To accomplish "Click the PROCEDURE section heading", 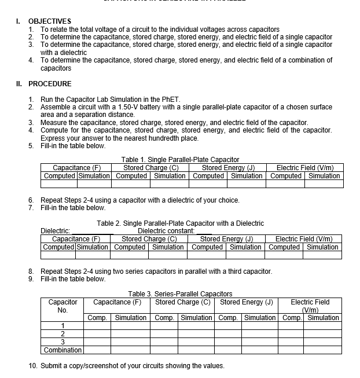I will (x=50, y=83).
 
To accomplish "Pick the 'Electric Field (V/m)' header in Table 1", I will (x=305, y=168).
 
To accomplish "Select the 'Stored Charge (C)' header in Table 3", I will (x=182, y=302).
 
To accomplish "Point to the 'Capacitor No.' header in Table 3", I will (x=63, y=306).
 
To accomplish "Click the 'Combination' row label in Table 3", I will (x=63, y=350).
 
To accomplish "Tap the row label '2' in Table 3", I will (x=63, y=334).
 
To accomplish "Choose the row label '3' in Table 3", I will (x=63, y=342).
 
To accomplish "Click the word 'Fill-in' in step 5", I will (x=51, y=146).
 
